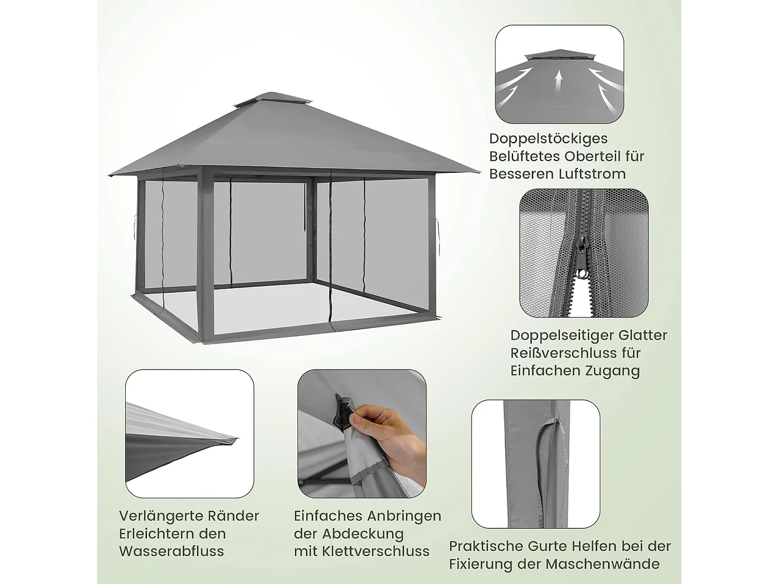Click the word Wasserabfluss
click(x=171, y=551)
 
